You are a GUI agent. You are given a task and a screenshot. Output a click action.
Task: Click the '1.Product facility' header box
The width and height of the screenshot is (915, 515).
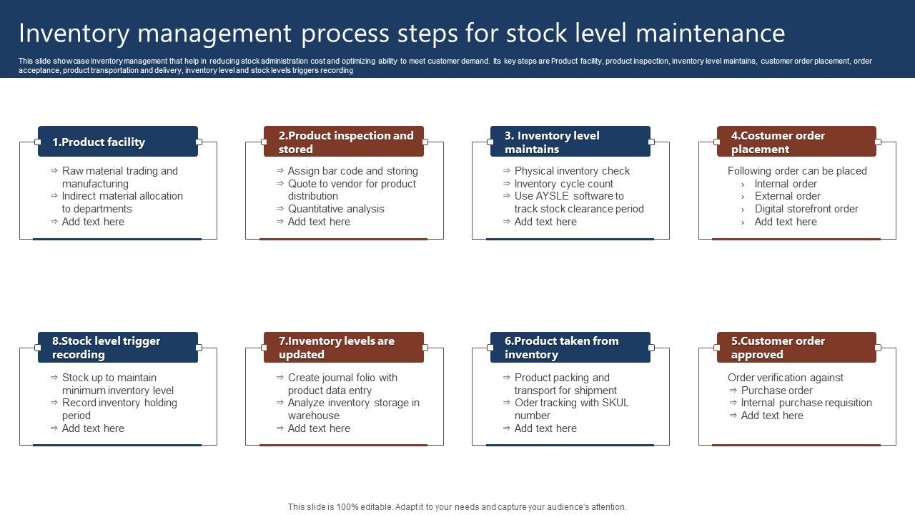[118, 142]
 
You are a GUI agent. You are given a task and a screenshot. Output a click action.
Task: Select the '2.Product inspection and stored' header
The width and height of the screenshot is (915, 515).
[344, 142]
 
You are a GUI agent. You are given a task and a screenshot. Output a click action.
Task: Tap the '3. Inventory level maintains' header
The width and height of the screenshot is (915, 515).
[570, 142]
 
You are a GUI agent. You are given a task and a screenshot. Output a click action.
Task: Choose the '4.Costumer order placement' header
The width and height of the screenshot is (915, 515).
[796, 142]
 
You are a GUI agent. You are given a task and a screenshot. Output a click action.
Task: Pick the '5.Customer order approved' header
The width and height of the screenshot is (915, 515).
[796, 348]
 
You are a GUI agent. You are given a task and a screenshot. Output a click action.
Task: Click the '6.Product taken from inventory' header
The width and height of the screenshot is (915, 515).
[570, 348]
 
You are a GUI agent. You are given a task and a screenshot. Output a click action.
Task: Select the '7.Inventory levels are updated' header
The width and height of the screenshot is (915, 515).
[344, 348]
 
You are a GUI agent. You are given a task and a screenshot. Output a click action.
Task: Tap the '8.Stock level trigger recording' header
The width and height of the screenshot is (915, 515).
[118, 348]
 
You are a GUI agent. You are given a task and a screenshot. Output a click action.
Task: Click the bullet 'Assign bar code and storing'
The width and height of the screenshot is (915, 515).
[352, 171]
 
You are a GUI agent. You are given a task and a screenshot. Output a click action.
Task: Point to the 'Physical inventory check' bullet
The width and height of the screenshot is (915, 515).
[572, 171]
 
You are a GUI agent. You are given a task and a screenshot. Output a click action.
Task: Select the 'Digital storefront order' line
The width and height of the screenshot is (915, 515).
[806, 209]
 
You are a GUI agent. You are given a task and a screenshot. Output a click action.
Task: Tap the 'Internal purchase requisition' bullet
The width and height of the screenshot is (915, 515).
[806, 403]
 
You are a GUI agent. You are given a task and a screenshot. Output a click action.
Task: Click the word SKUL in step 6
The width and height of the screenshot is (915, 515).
[614, 403]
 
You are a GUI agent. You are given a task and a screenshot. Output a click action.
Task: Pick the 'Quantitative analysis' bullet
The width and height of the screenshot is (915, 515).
[336, 209]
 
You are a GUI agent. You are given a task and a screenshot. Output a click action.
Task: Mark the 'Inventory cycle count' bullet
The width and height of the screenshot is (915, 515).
[563, 184]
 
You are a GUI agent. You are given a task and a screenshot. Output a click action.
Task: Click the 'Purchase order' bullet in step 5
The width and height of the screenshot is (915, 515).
[776, 391]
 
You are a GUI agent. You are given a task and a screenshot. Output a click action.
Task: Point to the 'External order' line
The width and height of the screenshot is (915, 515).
[787, 196]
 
